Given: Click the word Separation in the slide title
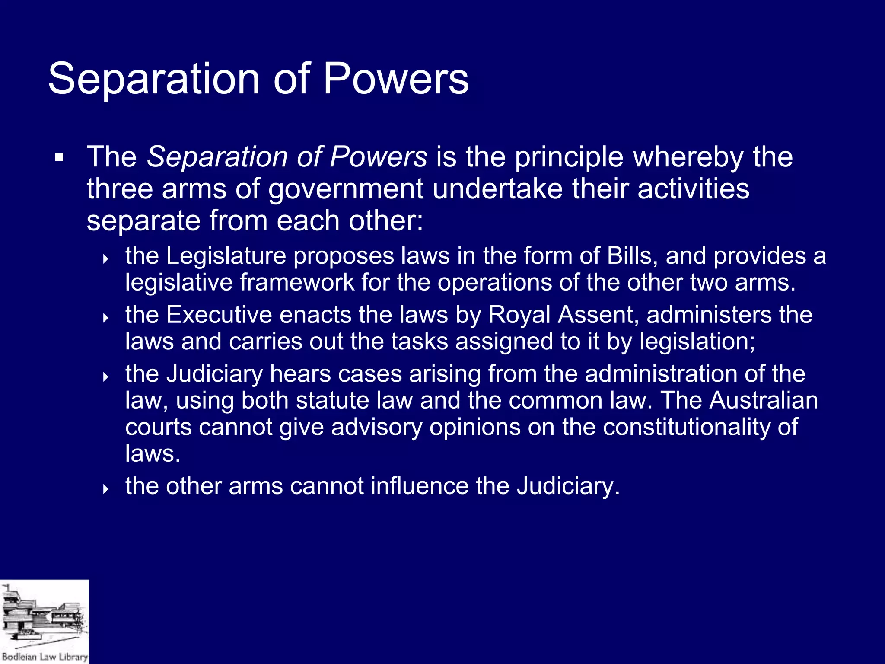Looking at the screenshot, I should (154, 79).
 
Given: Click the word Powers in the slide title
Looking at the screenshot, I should (396, 79).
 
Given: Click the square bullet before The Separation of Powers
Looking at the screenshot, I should (60, 157).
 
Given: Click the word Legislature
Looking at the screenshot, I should (226, 256).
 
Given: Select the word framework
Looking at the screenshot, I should (297, 282).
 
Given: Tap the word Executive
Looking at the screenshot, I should (219, 315).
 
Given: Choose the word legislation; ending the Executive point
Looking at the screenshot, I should (697, 342).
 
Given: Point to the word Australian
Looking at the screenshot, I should (764, 400).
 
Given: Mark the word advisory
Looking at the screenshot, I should (376, 427).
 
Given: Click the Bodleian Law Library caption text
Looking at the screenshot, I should (45, 657).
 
